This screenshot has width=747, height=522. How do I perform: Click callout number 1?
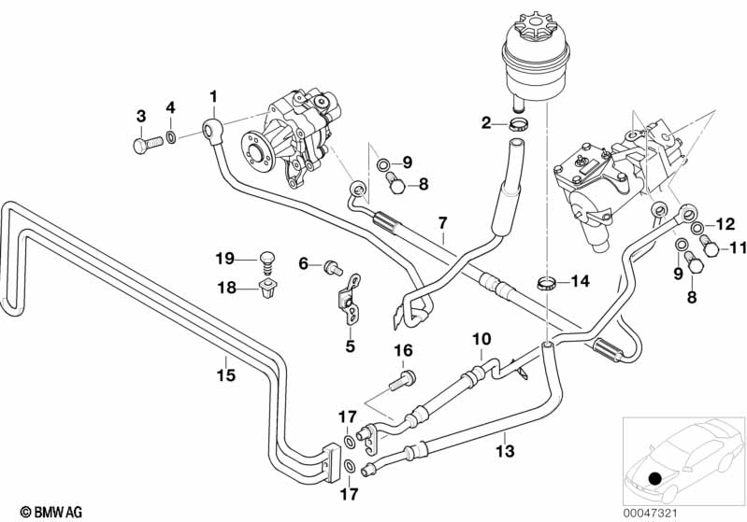point(213,95)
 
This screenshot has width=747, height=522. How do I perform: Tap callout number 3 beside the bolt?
point(141,116)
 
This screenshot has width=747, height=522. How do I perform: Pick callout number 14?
point(581,280)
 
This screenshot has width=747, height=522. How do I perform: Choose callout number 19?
point(225,259)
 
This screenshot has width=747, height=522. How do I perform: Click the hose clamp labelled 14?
point(550,281)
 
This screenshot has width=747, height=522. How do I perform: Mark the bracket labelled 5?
point(347,299)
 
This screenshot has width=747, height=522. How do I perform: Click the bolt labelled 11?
point(709,247)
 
